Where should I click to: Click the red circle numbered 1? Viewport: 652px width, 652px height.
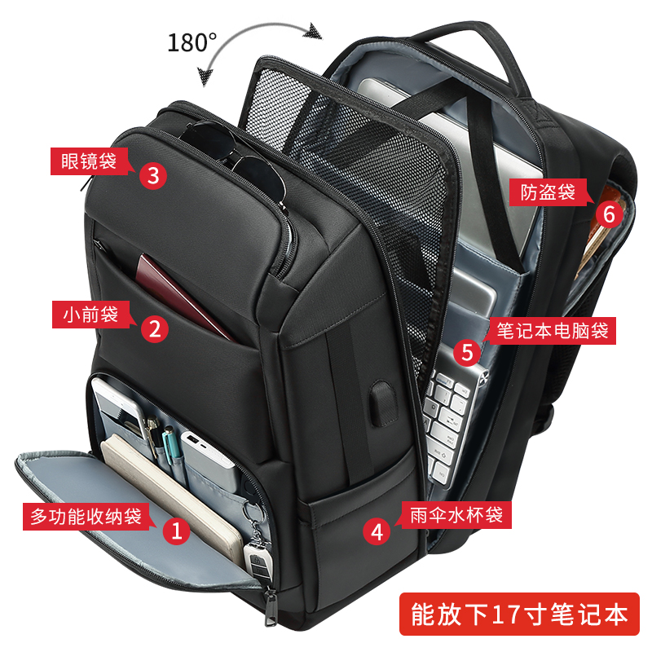coord(175,531)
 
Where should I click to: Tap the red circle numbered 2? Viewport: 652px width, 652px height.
coord(155,327)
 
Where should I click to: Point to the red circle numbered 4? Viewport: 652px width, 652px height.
coord(377,531)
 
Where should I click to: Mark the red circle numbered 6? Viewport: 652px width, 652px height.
coord(609,213)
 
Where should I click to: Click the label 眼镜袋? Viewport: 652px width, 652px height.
coord(84,160)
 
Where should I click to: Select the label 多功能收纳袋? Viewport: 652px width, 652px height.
coord(86,516)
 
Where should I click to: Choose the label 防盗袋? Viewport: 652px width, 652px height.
coord(543,192)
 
